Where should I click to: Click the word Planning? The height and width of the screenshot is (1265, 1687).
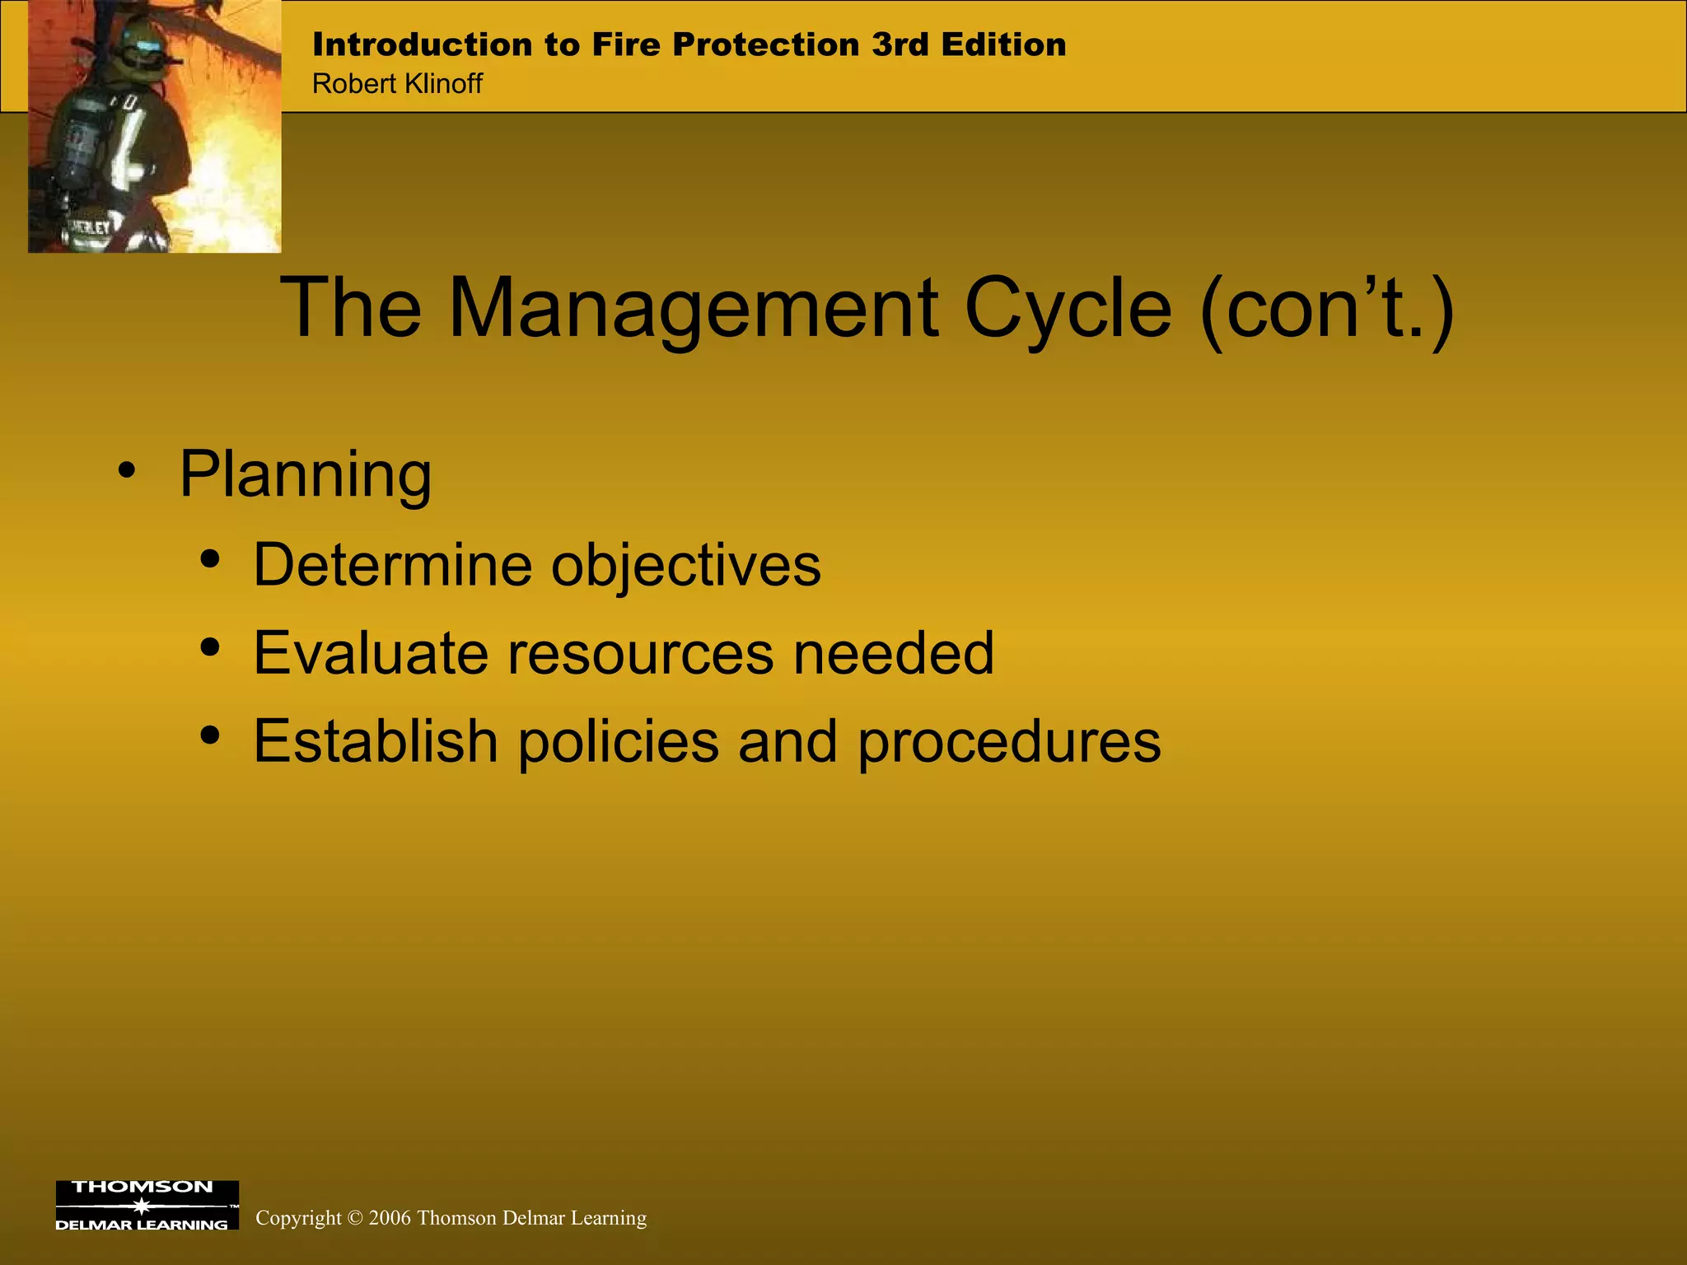305,476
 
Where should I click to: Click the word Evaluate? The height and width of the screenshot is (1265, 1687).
371,653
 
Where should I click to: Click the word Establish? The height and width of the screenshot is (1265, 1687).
376,741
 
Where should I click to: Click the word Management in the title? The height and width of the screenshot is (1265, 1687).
693,309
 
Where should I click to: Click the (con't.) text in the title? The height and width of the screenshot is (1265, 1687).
1326,309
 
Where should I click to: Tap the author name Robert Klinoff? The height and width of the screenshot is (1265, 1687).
397,84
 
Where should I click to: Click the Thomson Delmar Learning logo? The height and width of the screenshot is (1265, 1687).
147,1205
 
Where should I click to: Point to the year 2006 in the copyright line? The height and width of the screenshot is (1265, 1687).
390,1218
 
